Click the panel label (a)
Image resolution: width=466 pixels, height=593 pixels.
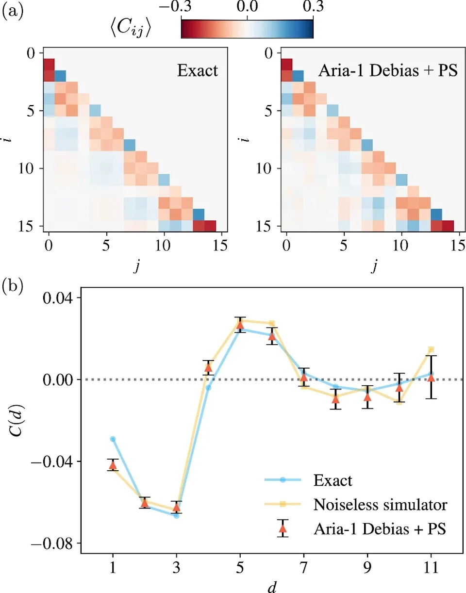(13, 12)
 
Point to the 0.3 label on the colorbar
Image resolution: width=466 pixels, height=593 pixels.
(313, 7)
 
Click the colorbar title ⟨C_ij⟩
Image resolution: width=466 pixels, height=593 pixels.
(131, 29)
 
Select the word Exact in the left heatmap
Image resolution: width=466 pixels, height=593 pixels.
(198, 71)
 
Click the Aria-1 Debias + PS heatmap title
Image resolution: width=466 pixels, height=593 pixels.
(388, 71)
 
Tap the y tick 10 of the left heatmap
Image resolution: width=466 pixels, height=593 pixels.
(27, 169)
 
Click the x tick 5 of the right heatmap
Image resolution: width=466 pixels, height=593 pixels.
(344, 246)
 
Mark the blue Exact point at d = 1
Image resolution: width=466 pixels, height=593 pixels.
(113, 439)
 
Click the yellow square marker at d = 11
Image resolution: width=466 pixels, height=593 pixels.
(431, 349)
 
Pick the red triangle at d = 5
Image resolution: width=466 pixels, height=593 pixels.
(240, 325)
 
